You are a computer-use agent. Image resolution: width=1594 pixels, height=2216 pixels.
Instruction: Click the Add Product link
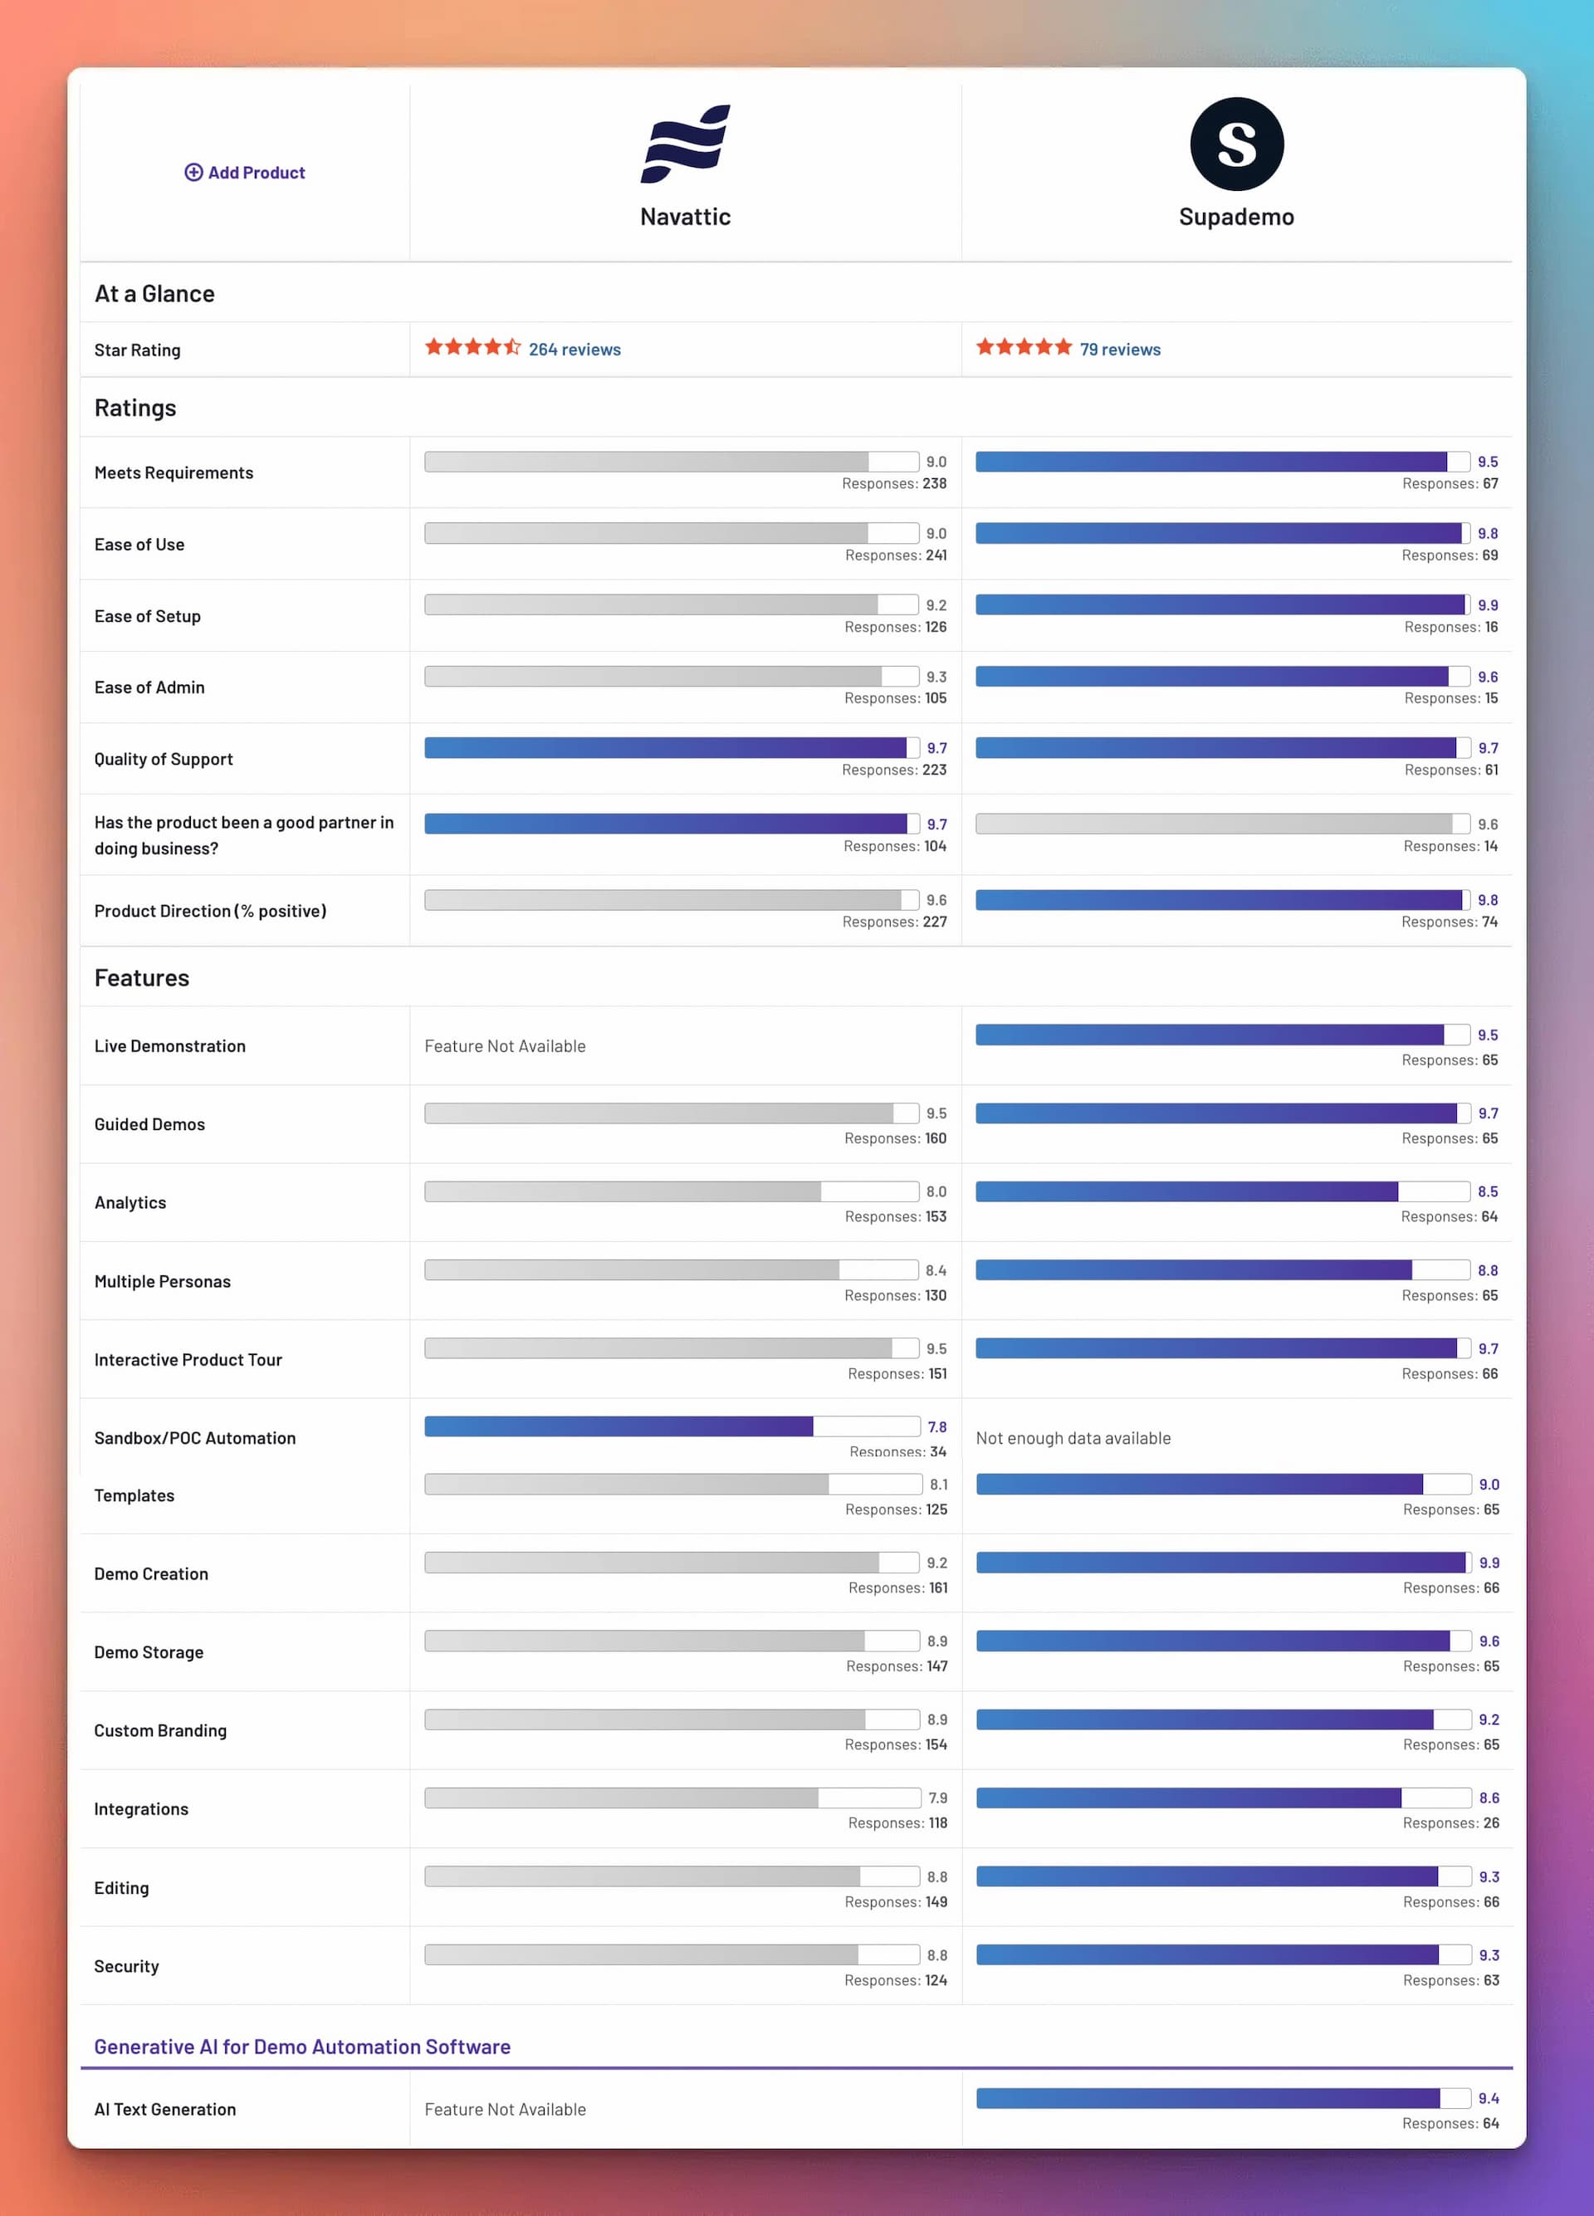click(245, 173)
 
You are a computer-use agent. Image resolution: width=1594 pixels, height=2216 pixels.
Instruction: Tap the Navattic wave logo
click(685, 144)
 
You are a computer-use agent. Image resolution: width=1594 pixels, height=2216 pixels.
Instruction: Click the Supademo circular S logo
click(1235, 144)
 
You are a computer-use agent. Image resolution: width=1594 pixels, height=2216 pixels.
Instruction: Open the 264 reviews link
click(575, 350)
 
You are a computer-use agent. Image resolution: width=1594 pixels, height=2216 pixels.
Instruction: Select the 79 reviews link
click(1119, 350)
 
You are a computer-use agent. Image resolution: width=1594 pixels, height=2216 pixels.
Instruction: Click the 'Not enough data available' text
click(1073, 1438)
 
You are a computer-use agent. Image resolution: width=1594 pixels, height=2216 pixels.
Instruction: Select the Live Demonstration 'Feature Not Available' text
click(505, 1046)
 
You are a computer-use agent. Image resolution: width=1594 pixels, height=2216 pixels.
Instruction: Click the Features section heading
click(142, 978)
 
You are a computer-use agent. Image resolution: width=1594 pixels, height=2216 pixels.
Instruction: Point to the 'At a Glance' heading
click(154, 294)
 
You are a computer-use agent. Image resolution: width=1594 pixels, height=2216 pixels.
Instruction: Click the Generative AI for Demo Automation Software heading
click(302, 2047)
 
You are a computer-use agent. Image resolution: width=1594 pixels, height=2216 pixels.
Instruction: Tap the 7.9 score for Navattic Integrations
click(937, 1798)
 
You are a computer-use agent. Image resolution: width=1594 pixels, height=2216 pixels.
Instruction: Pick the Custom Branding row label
click(160, 1730)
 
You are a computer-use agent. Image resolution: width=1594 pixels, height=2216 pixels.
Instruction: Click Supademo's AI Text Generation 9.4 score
click(1488, 2099)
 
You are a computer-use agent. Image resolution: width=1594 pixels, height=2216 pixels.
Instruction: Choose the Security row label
click(126, 1966)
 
